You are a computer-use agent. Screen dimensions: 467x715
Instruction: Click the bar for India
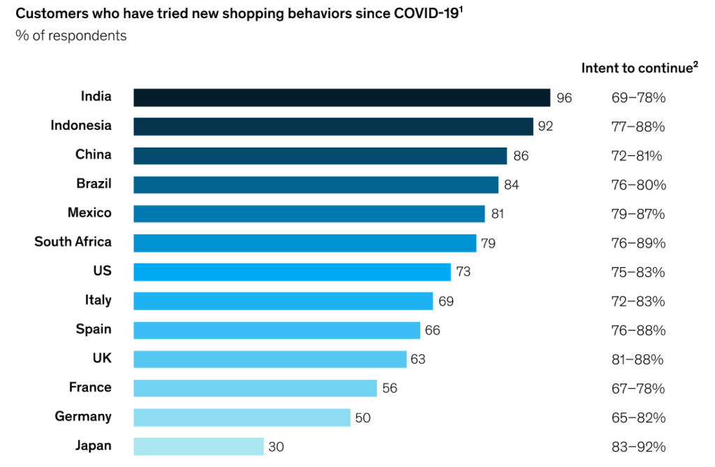[342, 97]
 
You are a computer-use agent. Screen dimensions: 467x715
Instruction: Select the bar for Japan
[198, 446]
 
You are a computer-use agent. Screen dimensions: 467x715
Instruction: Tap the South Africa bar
[304, 243]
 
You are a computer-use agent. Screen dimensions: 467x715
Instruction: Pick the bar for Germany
[242, 417]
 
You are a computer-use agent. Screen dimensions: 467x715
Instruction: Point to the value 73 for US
[463, 272]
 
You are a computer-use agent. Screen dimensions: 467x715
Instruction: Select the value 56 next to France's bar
[390, 388]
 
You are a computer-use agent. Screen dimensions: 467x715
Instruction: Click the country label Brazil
[94, 184]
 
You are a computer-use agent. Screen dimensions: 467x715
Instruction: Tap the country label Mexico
[89, 213]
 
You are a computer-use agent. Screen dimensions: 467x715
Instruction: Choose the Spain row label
[94, 329]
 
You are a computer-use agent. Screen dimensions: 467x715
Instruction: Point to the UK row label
[102, 359]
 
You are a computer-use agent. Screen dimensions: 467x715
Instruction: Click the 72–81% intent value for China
[636, 156]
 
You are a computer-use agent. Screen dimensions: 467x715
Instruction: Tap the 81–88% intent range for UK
[637, 359]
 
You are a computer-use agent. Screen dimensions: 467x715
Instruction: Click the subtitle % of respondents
[71, 35]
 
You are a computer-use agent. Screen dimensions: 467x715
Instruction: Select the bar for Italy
[283, 301]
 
